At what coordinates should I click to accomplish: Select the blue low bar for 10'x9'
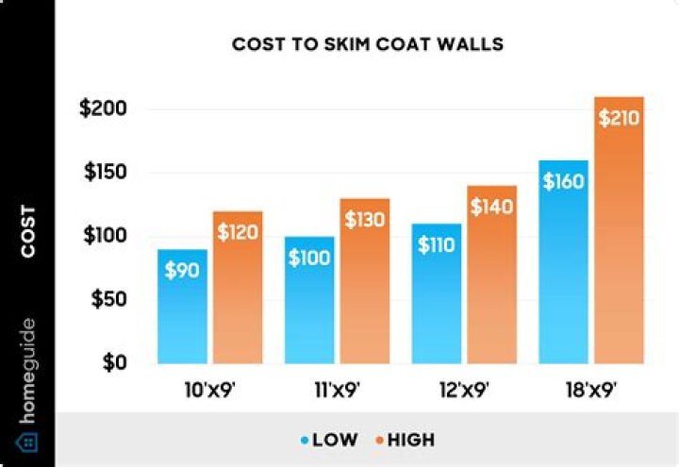click(x=182, y=311)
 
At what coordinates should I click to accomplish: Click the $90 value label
click(x=182, y=270)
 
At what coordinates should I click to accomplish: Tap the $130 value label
click(x=365, y=220)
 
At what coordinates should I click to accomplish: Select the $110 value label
click(x=436, y=245)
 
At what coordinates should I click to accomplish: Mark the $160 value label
click(x=563, y=181)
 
